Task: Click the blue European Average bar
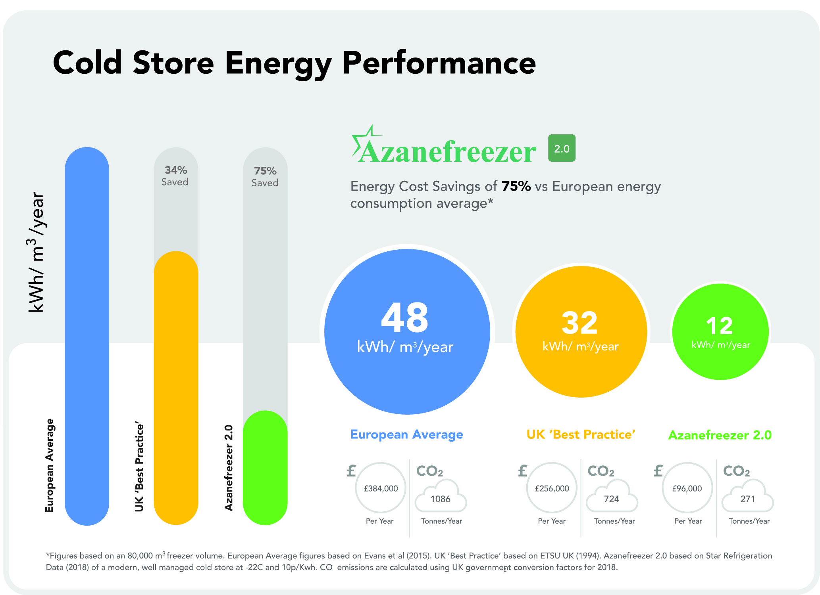(87, 337)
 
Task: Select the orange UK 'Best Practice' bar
(176, 388)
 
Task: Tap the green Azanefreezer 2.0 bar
(265, 468)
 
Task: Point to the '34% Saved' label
(175, 176)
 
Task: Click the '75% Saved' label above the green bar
(265, 176)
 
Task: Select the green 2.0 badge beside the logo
(562, 148)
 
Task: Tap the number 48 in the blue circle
(405, 318)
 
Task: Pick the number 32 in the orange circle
(579, 323)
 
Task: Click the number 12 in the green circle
(719, 326)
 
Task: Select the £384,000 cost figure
(381, 488)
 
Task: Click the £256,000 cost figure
(552, 488)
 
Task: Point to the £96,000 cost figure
(687, 488)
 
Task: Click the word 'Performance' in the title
(439, 63)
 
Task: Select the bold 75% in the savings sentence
(516, 186)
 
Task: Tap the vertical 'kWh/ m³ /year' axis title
(37, 252)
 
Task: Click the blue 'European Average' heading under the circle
(407, 434)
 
